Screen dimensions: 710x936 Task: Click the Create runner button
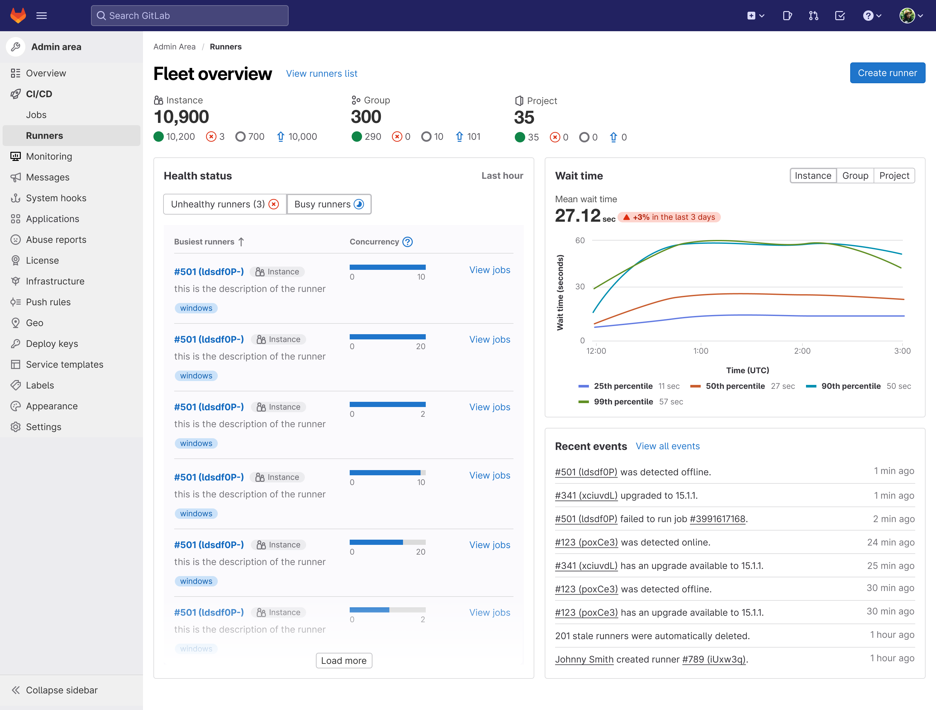887,73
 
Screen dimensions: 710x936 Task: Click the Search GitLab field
189,16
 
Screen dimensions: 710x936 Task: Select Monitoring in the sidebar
49,156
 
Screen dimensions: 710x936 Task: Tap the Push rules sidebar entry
48,302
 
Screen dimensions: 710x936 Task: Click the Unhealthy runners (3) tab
225,204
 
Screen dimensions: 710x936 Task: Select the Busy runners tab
328,204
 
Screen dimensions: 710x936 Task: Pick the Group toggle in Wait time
855,176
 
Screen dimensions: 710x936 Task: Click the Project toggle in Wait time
894,176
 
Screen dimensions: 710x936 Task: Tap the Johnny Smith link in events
584,659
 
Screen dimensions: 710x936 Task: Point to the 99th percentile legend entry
623,401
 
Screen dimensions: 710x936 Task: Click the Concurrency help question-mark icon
407,242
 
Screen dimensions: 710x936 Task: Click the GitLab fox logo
18,16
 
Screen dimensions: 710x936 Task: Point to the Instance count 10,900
181,117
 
